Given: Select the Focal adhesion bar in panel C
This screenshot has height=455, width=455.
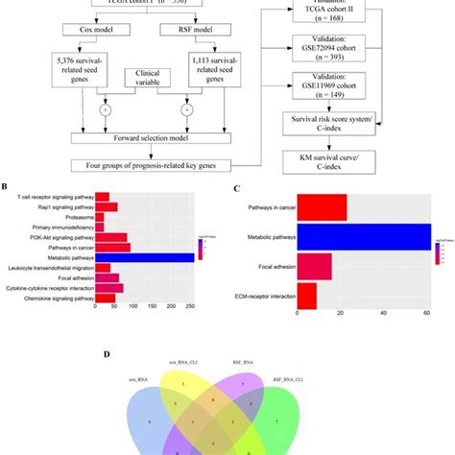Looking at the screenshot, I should [316, 264].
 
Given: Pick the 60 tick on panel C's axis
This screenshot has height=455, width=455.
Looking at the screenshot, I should [425, 314].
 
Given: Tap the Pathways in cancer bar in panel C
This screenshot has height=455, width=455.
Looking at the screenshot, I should [323, 205].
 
